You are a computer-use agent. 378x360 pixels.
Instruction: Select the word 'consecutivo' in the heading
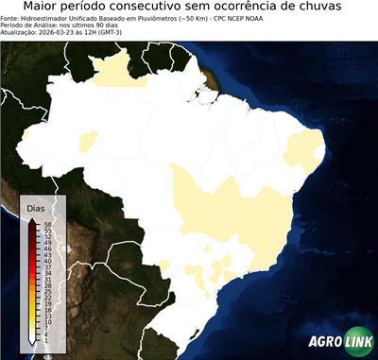(165, 8)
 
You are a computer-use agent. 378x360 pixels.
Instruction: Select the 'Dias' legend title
(36, 208)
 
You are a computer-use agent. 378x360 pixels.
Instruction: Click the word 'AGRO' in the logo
(324, 342)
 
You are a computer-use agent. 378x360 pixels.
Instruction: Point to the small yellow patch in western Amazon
(90, 143)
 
